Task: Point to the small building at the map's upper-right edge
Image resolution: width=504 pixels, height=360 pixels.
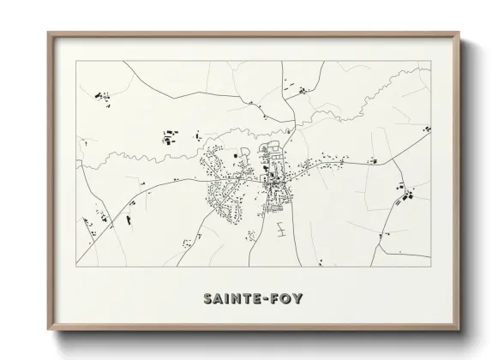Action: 426,128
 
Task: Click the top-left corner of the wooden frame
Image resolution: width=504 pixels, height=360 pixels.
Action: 48,33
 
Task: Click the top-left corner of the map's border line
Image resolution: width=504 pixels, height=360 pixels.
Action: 77,61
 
